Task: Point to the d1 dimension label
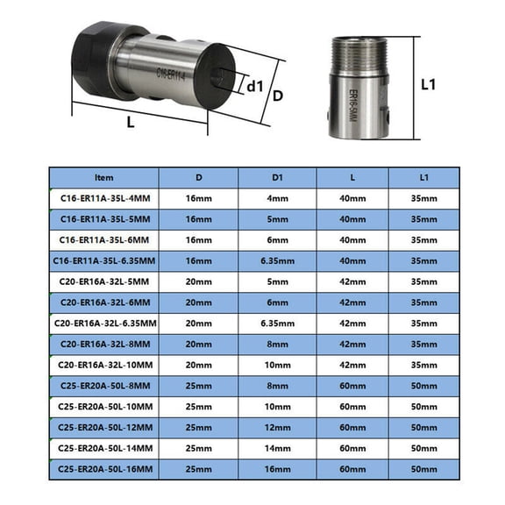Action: coord(255,87)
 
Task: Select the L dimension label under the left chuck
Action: coord(131,123)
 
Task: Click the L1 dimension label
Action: coord(429,85)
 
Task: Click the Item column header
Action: coord(103,177)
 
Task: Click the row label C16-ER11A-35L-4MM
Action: coord(103,198)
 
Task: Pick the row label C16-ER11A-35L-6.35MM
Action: coord(103,261)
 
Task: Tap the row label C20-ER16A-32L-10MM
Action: coord(103,365)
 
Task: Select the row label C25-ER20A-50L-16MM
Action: coord(103,468)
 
